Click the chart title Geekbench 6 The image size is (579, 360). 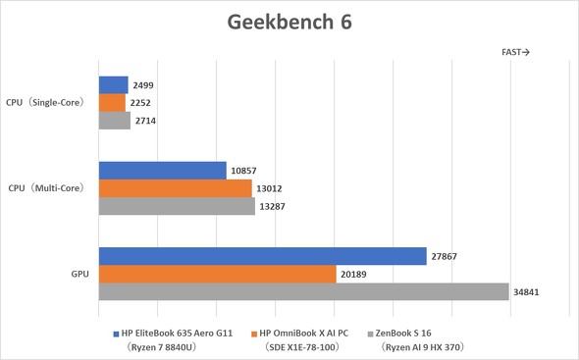pyautogui.click(x=289, y=21)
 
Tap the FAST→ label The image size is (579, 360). pyautogui.click(x=515, y=53)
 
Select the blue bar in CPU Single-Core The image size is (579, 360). pyautogui.click(x=113, y=85)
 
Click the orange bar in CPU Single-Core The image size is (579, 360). pyautogui.click(x=112, y=103)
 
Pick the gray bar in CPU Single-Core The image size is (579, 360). pyautogui.click(x=114, y=121)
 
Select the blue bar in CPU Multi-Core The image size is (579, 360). pyautogui.click(x=162, y=171)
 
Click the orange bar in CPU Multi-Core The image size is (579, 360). pyautogui.click(x=175, y=188)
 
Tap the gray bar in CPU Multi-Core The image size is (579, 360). pyautogui.click(x=177, y=206)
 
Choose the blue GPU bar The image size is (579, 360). pyautogui.click(x=262, y=256)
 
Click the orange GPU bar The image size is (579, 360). pyautogui.click(x=217, y=274)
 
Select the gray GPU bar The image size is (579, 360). pyautogui.click(x=303, y=291)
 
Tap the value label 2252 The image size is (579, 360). pyautogui.click(x=141, y=103)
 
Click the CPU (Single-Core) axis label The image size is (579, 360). pyautogui.click(x=45, y=102)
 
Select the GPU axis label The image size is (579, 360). pyautogui.click(x=79, y=274)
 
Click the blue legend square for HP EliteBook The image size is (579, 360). pyautogui.click(x=115, y=333)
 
